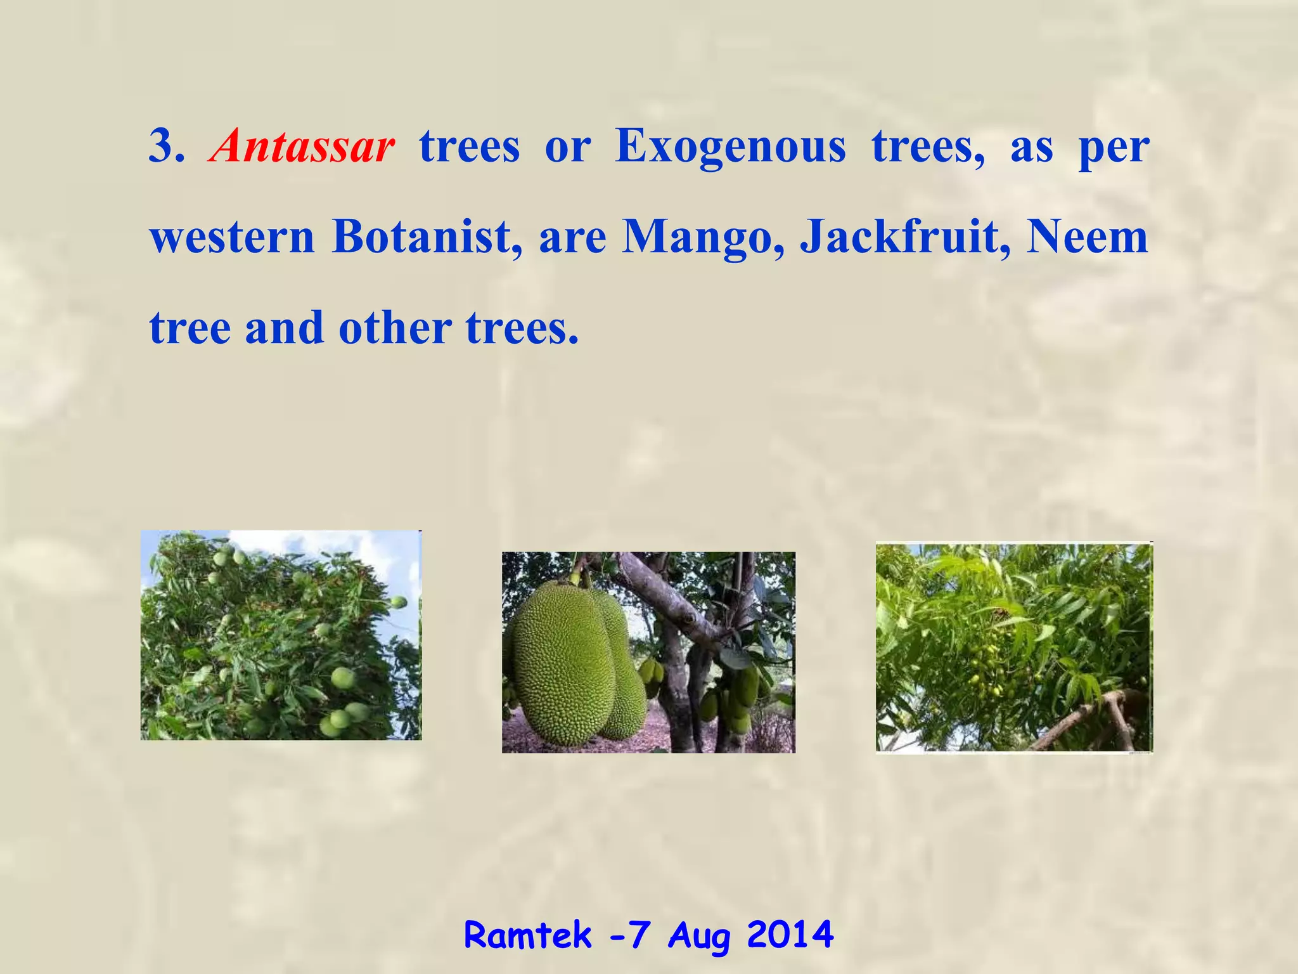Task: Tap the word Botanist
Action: pyautogui.click(x=428, y=237)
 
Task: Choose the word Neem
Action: pyautogui.click(x=1086, y=237)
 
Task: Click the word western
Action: pyautogui.click(x=232, y=237)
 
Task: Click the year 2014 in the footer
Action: pyautogui.click(x=790, y=935)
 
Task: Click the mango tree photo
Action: pyautogui.click(x=281, y=635)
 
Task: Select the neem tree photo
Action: pyautogui.click(x=1014, y=647)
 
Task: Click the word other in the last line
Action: pyautogui.click(x=395, y=328)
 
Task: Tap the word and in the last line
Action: pyautogui.click(x=285, y=328)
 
